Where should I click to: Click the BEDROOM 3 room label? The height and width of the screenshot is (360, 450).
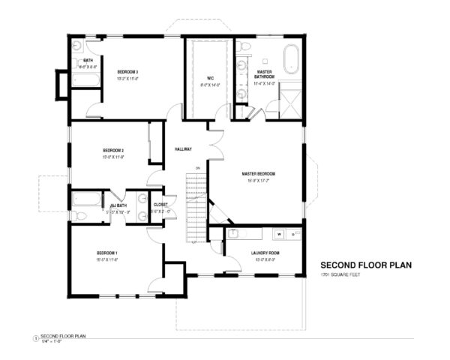(x=127, y=72)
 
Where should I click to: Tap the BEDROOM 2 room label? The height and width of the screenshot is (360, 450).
(x=112, y=150)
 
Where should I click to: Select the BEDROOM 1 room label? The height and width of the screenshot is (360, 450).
(x=107, y=252)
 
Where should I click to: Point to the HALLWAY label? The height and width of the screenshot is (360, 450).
(x=183, y=148)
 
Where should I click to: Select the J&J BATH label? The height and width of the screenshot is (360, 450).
(x=118, y=205)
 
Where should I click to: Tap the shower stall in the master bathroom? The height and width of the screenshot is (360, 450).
(x=292, y=97)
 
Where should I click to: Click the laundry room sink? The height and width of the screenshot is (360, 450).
(x=232, y=233)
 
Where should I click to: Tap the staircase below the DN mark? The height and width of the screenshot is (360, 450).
(x=196, y=206)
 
